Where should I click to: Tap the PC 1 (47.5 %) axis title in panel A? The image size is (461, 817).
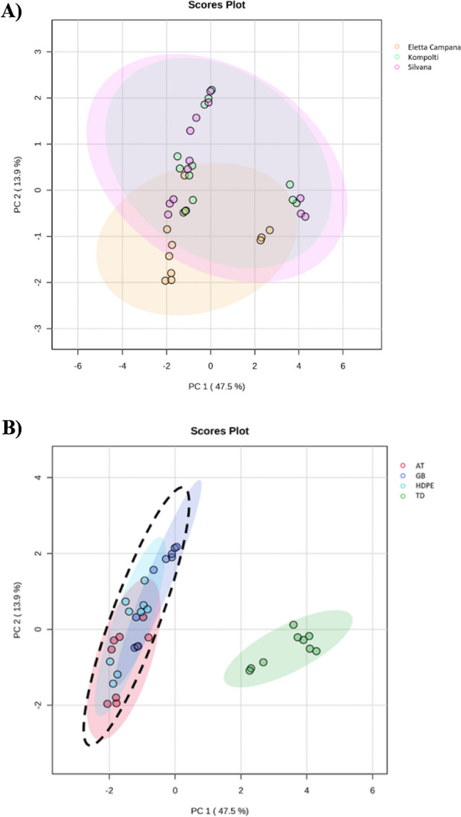click(x=211, y=386)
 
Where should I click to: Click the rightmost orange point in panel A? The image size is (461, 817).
click(x=269, y=230)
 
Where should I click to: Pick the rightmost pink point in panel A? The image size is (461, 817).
click(x=305, y=217)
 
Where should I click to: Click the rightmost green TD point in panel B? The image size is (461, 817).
click(x=317, y=651)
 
